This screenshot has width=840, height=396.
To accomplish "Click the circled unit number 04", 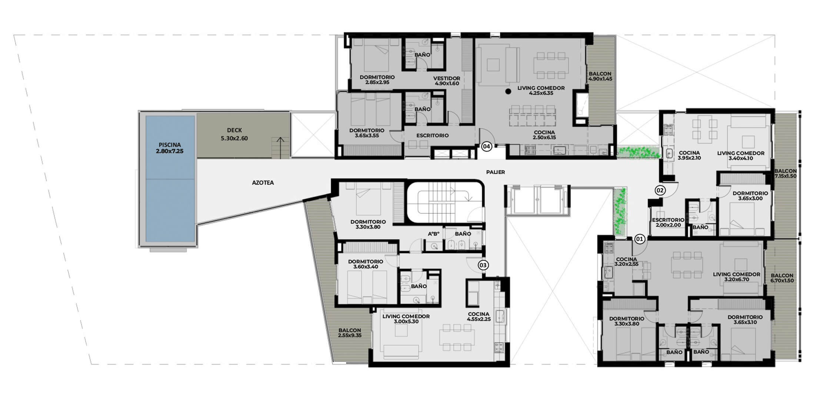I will (486, 147).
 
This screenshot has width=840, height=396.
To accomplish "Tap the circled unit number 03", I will (483, 265).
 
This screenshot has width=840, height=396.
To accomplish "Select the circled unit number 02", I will (660, 190).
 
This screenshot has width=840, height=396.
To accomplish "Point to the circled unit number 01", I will (640, 239).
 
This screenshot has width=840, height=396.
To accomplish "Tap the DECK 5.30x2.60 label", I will (234, 134).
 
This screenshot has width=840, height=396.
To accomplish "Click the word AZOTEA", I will (263, 183).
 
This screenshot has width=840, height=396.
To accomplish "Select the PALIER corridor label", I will (496, 172).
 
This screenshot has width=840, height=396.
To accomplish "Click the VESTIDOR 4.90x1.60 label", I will (447, 81).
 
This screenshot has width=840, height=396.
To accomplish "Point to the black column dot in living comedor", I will (508, 91).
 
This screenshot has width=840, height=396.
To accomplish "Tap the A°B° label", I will (433, 234).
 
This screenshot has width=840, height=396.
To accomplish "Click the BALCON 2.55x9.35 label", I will (349, 333).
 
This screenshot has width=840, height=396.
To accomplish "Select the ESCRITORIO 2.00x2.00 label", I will (668, 222).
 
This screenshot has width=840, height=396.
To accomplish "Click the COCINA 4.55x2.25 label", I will (479, 316).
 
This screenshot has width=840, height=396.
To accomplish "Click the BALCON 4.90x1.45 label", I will (600, 76).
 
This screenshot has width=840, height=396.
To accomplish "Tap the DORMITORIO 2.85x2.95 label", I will (377, 80).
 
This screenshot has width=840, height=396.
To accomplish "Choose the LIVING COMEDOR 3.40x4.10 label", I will (740, 156).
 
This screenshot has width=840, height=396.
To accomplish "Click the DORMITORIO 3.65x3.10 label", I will (745, 320).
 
